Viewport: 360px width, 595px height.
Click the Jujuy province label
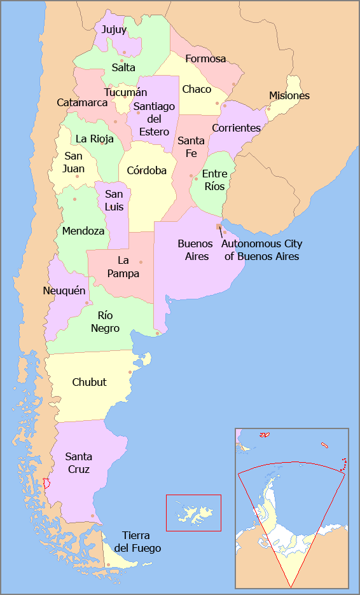[114, 30]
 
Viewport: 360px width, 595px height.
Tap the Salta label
[123, 67]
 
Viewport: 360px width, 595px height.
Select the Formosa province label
[205, 59]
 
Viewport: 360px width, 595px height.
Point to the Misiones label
[289, 96]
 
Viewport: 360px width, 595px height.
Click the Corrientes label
[237, 128]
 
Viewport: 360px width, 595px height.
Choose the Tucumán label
[126, 93]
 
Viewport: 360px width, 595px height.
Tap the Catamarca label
[82, 102]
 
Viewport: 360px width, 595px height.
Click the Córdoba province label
[147, 170]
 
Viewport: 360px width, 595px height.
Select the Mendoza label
[83, 231]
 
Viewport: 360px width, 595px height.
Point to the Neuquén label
[64, 291]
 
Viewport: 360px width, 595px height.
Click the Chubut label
[90, 383]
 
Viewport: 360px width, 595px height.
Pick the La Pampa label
[123, 267]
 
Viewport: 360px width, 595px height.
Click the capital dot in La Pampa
[141, 262]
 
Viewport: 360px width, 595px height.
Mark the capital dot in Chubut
[130, 373]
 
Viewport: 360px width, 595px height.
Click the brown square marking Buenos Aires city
[219, 226]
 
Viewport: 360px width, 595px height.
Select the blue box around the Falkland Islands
[193, 512]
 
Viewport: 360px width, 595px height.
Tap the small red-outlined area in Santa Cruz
[45, 484]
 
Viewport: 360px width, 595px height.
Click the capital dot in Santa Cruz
[93, 516]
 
